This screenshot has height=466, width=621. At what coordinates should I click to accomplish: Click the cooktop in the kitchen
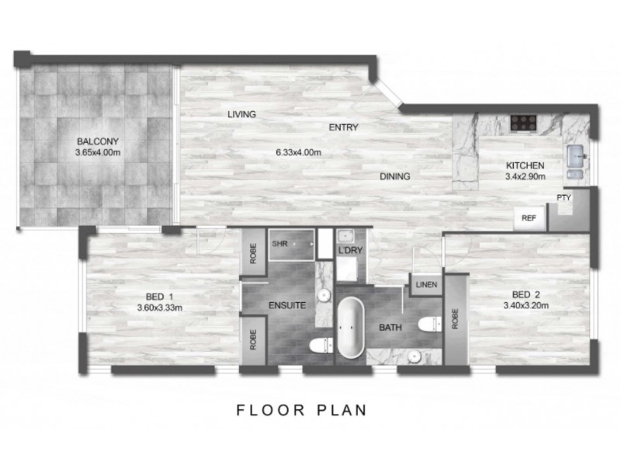524,121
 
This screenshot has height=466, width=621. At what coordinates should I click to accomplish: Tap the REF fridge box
529,218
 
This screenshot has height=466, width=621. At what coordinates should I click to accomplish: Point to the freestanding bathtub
350,330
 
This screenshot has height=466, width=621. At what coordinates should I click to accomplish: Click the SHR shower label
279,243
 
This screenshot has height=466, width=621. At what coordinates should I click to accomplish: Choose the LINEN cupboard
426,285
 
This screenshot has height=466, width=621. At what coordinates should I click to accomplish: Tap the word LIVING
241,114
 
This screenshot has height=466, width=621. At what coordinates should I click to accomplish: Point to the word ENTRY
343,127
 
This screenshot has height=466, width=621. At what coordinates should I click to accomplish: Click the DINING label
394,176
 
